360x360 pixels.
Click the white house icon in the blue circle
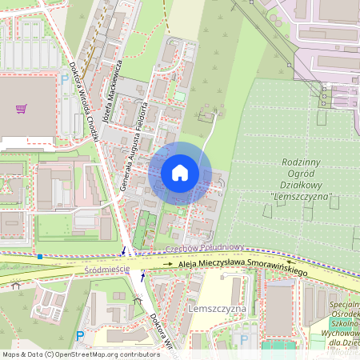(x=180, y=173)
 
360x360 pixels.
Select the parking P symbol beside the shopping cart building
(x=65, y=78)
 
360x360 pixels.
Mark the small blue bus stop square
(x=39, y=256)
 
